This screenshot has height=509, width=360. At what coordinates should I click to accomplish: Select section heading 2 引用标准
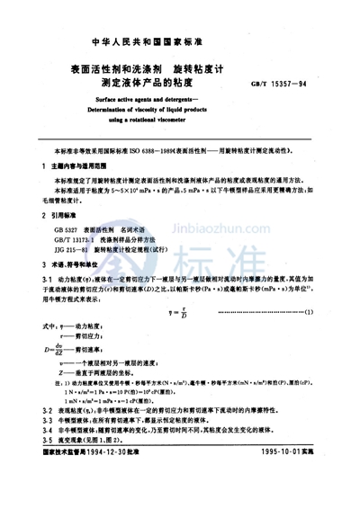(x=63, y=216)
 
